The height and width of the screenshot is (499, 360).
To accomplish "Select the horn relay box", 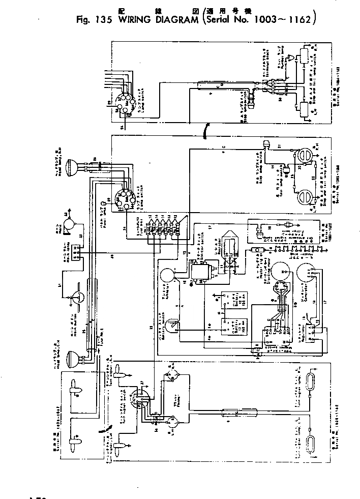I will [x=77, y=252].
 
